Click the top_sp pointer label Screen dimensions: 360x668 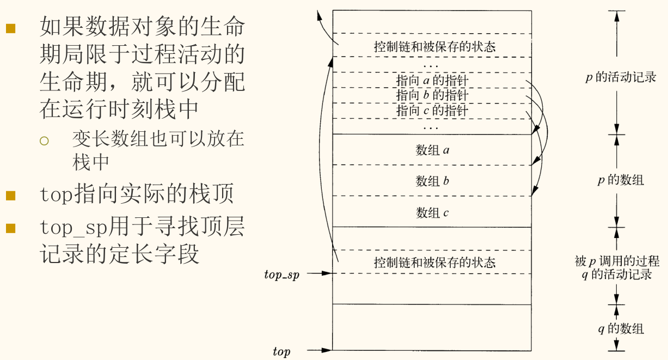[281, 274]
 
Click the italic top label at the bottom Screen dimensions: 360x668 [281, 352]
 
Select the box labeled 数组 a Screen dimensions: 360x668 [432, 150]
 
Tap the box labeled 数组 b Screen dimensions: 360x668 [432, 181]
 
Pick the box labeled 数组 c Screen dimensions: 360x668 [432, 212]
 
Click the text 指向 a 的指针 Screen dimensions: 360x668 [432, 81]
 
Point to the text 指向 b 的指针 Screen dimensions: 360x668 [432, 95]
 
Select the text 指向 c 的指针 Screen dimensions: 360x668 [432, 111]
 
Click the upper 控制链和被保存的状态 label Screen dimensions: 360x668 [434, 46]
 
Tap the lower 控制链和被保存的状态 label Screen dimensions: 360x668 [434, 263]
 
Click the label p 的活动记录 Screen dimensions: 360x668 [620, 77]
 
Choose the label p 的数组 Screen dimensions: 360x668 [620, 180]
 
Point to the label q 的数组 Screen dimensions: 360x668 [620, 328]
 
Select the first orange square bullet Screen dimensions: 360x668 [11, 28]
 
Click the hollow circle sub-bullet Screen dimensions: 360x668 [44, 141]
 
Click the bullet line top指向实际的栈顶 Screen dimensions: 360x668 [136, 194]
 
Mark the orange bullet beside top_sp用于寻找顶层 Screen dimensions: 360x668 [11, 228]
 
